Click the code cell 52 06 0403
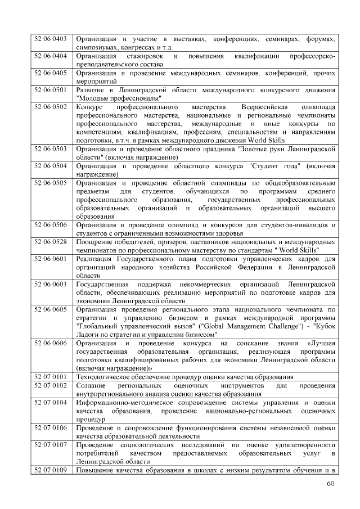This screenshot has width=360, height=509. (51, 39)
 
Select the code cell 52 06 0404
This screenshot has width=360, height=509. (51, 56)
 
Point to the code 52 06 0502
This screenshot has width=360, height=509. (51, 106)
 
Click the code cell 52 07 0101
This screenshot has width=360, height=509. (51, 376)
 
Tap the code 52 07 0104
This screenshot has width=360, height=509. (51, 402)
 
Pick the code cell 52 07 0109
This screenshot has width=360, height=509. (51, 469)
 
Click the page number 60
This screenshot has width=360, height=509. (331, 485)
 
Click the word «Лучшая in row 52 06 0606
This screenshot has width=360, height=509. (322, 343)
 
